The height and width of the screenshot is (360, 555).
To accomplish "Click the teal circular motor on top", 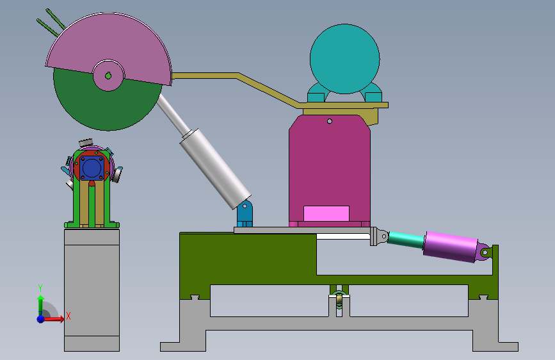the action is pyautogui.click(x=345, y=59).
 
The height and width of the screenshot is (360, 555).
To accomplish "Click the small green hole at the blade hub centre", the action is pyautogui.click(x=108, y=76).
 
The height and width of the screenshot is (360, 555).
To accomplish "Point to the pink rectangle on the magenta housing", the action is pyautogui.click(x=326, y=214).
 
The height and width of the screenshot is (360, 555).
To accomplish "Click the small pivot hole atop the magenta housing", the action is pyautogui.click(x=330, y=121).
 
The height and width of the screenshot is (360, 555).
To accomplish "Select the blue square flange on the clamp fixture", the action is pyautogui.click(x=92, y=168).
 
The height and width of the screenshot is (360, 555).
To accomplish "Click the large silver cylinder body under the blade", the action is pyautogui.click(x=215, y=168).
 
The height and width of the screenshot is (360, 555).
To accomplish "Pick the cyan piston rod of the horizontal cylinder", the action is pyautogui.click(x=406, y=239).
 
